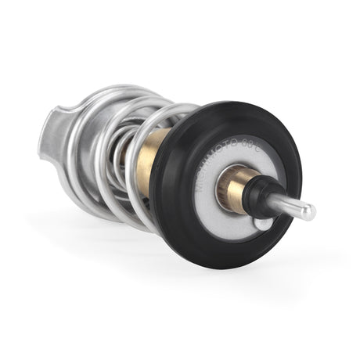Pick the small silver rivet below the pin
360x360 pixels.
(264, 224)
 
